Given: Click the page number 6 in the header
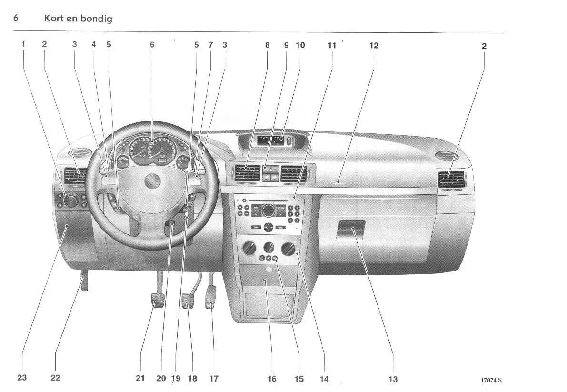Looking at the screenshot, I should pos(16,19).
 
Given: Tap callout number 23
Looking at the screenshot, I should pos(22,378).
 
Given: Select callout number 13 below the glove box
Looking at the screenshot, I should pos(393,379).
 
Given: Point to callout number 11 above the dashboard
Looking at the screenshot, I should pos(332,46).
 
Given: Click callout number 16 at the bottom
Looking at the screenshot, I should pos(271,379).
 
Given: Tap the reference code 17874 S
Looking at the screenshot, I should pos(491,380).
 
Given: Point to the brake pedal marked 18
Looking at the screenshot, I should pos(188,301).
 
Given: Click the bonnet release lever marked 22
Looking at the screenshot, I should pos(84,281).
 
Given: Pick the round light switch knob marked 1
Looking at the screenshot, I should pos(70,201).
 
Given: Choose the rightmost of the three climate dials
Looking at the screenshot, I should pos(288,248).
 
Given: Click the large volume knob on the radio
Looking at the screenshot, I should pos(268,210).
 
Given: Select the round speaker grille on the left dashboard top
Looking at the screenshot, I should pos(80,153).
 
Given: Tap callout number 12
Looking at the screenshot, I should pos(374,46).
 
